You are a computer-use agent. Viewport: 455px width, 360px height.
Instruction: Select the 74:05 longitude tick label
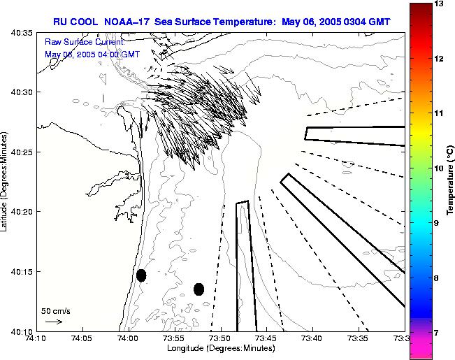[82, 339]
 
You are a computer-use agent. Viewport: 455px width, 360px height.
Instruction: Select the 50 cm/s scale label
[55, 310]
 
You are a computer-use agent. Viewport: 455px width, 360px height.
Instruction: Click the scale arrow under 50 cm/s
[54, 322]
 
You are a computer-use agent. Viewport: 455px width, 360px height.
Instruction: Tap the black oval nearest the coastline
[141, 275]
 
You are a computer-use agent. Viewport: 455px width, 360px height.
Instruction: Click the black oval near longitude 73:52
[198, 289]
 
